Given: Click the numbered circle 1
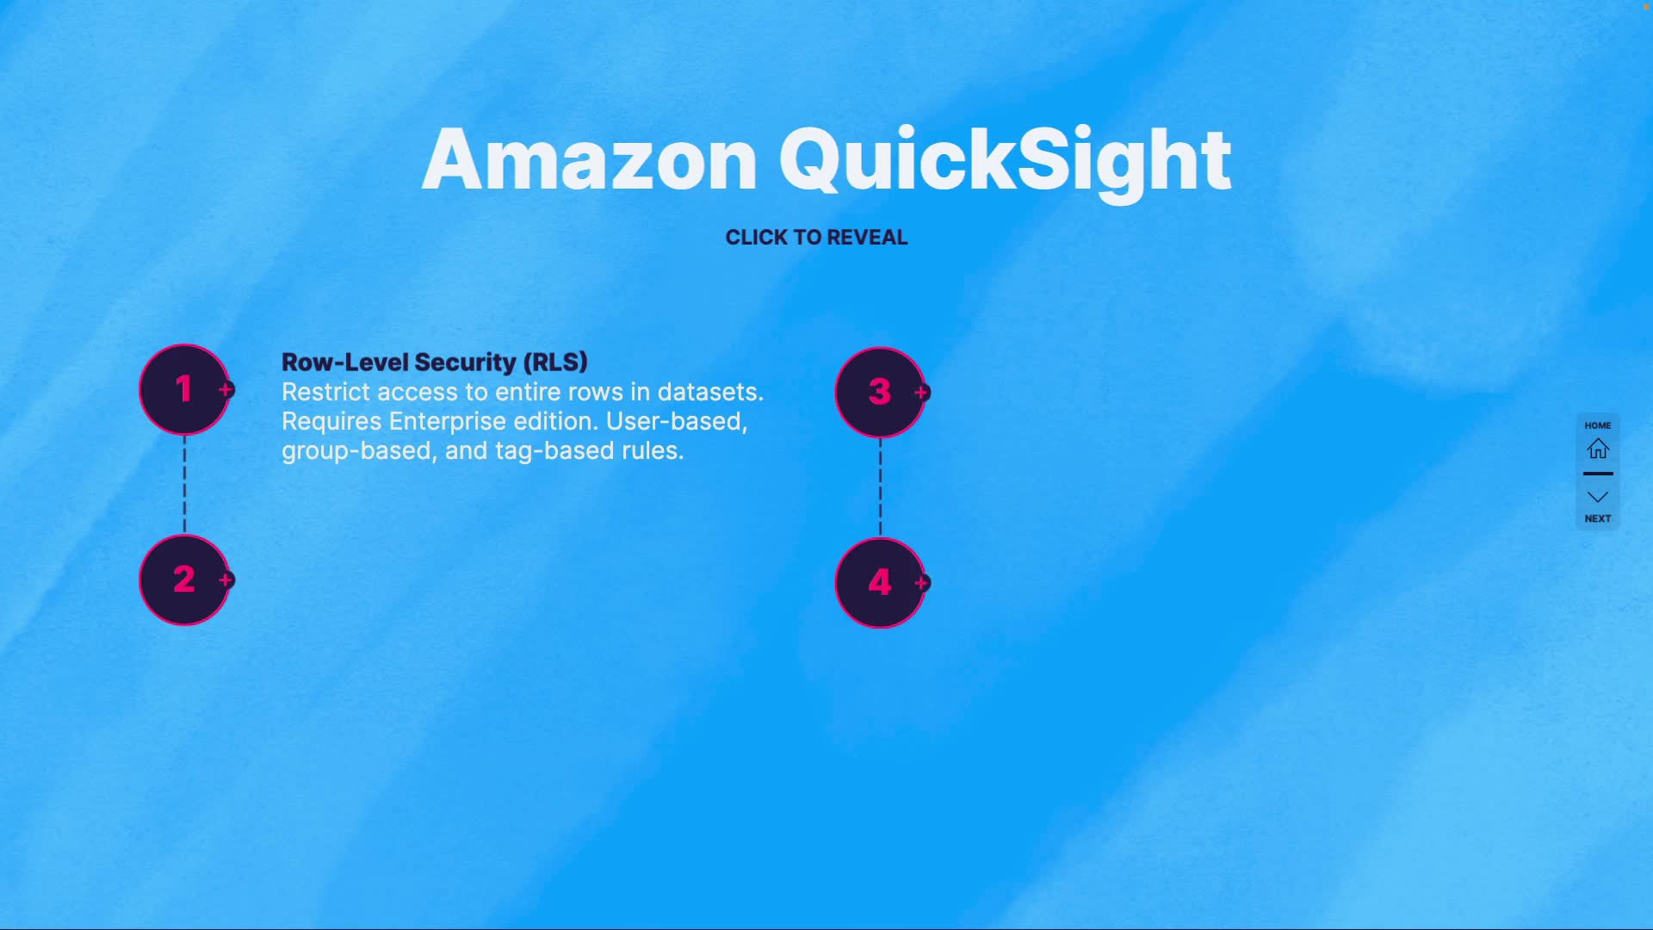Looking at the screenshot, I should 183,389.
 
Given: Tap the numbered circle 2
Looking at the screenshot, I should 183,580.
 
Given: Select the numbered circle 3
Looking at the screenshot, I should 879,392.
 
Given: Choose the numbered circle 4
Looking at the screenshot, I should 879,583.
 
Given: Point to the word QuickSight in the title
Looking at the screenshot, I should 1005,162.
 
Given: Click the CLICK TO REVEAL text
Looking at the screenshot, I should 816,238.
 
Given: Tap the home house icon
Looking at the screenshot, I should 1598,449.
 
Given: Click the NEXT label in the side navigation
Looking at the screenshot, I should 1598,518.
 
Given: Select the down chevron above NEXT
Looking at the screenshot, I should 1598,497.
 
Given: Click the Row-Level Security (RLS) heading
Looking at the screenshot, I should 435,362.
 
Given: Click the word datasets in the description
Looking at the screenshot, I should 709,392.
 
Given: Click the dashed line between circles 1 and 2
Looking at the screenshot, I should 184,484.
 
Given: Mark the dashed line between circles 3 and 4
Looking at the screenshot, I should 880,487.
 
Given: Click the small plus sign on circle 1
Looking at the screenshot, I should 226,389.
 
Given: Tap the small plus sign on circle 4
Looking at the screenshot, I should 921,583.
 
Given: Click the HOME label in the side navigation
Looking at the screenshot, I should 1598,425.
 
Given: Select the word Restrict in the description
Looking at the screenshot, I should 325,392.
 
